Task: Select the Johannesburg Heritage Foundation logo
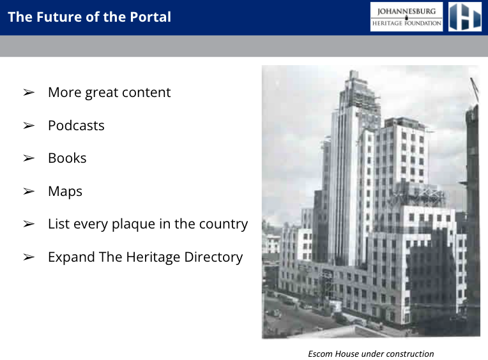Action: click(406, 17)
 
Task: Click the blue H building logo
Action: click(465, 17)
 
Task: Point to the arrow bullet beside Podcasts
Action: click(29, 126)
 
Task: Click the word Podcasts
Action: click(76, 126)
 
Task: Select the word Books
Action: click(67, 158)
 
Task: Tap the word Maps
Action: click(65, 191)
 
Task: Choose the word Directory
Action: click(213, 257)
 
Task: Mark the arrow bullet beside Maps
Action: click(29, 191)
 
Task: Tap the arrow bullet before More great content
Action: click(29, 93)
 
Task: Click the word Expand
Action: click(72, 257)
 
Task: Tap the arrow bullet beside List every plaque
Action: click(29, 224)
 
